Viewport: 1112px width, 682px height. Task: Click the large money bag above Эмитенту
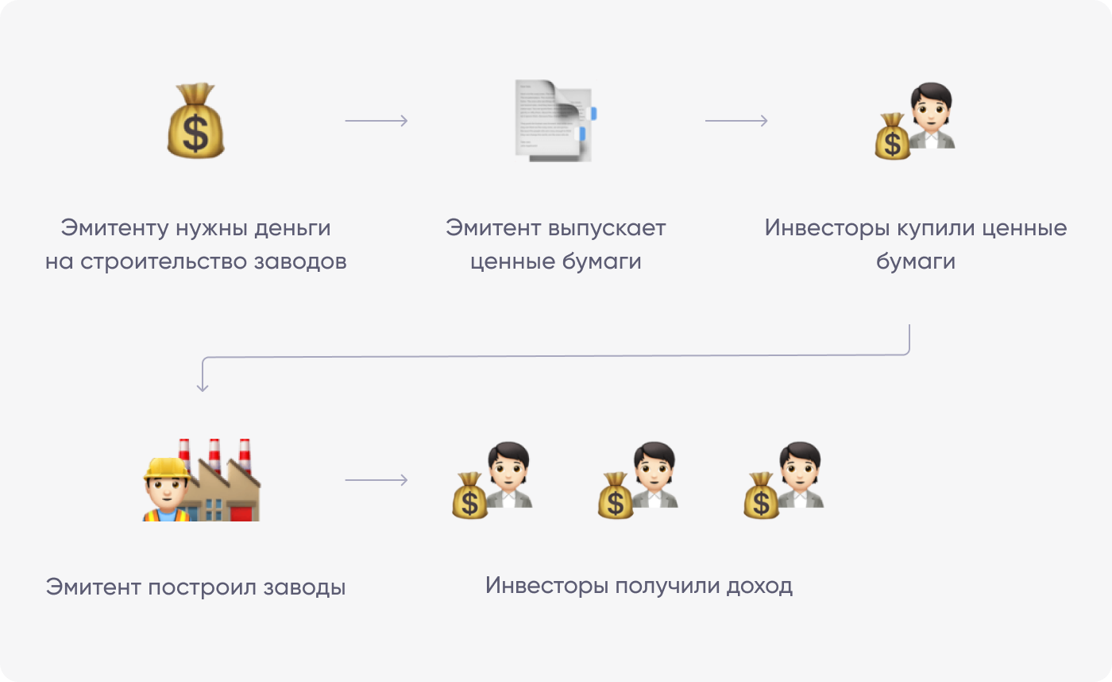195,121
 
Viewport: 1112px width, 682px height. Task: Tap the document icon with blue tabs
555,121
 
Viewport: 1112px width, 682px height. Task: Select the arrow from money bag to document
376,121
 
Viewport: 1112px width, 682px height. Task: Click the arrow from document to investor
736,121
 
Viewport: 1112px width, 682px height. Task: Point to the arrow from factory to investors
376,480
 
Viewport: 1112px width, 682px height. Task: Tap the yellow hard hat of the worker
167,468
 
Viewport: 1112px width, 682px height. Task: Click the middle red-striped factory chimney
214,455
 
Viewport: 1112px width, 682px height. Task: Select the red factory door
241,513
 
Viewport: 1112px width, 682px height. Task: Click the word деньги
292,228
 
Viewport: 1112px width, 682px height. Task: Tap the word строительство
164,262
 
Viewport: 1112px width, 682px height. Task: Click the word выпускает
607,228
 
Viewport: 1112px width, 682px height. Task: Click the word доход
759,586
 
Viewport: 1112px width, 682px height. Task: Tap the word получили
667,586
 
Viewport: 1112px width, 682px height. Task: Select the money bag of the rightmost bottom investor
761,496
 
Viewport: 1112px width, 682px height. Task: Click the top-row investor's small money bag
892,136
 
